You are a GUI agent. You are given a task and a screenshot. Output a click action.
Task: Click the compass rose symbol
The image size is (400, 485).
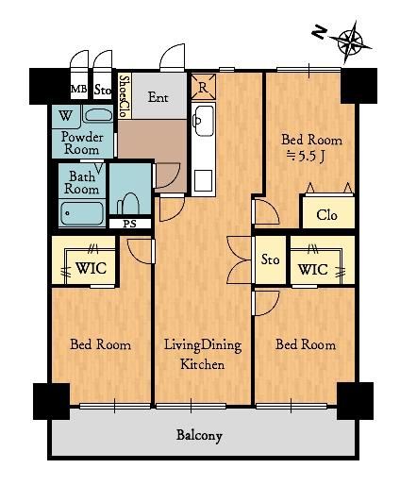[x=350, y=42]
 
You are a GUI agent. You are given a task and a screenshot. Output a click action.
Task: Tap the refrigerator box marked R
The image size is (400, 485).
[x=203, y=87]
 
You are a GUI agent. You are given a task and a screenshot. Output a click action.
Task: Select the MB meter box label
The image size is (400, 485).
[x=78, y=89]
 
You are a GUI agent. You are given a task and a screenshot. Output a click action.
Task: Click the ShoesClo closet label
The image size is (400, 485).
[x=125, y=96]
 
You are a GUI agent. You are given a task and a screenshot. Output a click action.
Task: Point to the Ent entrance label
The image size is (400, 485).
[x=158, y=97]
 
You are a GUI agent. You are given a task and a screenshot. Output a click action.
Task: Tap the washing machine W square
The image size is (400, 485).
[x=66, y=116]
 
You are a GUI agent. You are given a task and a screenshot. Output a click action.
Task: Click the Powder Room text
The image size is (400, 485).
[x=82, y=143]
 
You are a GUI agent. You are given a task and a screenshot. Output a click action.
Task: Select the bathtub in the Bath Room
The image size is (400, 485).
[x=82, y=213]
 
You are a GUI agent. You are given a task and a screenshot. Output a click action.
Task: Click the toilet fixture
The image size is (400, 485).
[x=129, y=204]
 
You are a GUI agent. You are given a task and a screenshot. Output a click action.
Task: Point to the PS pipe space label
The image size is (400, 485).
[x=129, y=224]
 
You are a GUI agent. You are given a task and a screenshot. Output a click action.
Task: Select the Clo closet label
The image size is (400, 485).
[x=326, y=215]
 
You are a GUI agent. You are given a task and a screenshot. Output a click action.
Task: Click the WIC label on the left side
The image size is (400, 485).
[x=91, y=268]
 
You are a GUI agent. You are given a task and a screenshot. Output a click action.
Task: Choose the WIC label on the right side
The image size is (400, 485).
[x=313, y=270]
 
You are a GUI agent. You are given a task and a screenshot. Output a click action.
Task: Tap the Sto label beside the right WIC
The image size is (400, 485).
[x=270, y=259]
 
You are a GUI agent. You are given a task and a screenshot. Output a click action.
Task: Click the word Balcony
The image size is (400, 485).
[x=199, y=436]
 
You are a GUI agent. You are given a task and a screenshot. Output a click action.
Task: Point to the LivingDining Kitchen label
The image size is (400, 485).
[x=203, y=355]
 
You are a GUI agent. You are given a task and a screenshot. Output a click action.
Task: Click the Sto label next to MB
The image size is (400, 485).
[x=103, y=90]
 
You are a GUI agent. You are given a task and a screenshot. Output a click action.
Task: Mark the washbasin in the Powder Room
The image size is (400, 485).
[x=99, y=115]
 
